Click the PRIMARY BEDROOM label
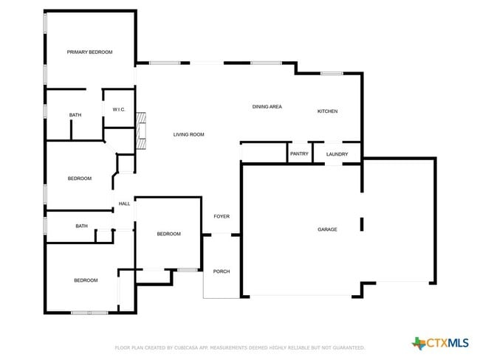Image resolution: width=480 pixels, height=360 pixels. (89, 52)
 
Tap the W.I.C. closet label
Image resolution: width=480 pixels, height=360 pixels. (119, 110)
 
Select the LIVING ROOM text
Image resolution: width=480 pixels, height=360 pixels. (188, 134)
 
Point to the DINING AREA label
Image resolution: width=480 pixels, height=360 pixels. (267, 107)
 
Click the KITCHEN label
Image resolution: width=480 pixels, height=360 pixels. (327, 111)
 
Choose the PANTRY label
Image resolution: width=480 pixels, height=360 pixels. (299, 153)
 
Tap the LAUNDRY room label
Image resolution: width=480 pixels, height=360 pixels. (337, 153)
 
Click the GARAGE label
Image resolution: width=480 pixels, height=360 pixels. (327, 229)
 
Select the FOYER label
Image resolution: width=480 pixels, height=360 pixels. (222, 216)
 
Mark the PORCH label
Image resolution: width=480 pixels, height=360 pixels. (222, 271)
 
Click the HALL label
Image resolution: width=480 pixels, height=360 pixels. (124, 204)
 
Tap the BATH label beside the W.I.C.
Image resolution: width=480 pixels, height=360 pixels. (75, 115)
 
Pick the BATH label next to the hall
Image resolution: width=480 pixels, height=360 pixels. (81, 226)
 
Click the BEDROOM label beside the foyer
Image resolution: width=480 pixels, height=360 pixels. (168, 234)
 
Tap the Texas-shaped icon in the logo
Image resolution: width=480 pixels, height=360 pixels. (419, 343)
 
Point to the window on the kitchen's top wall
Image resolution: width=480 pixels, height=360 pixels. (332, 73)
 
